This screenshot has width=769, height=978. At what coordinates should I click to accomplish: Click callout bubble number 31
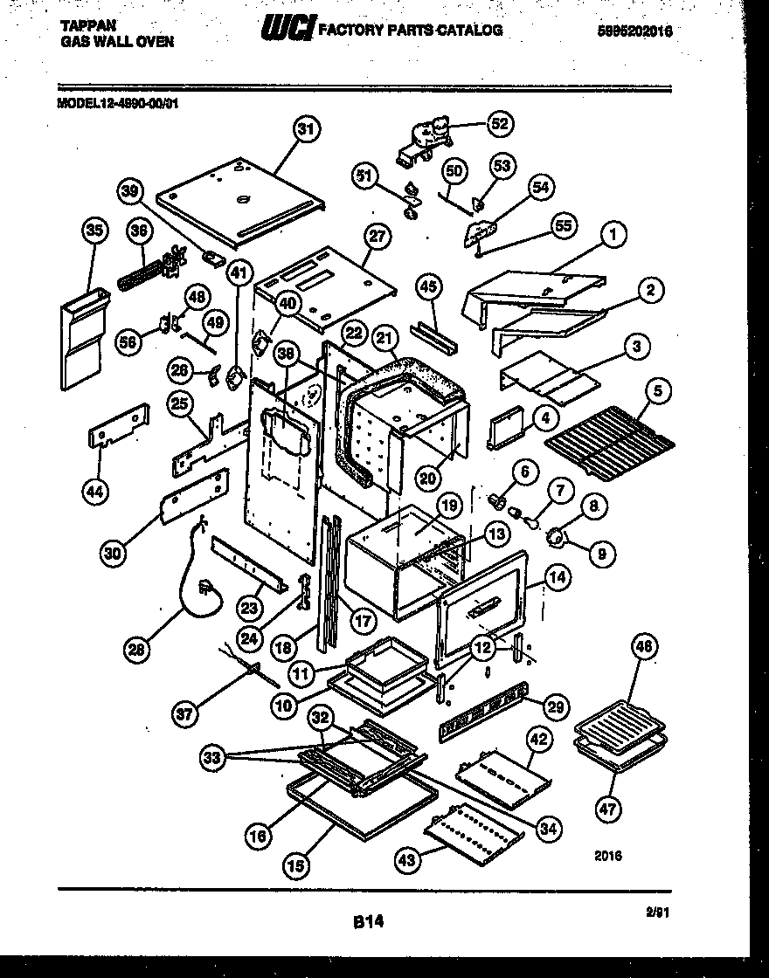pos(303,132)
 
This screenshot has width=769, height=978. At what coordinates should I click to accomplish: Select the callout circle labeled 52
pos(499,124)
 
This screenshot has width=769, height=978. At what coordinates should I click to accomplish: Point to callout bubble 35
pos(94,231)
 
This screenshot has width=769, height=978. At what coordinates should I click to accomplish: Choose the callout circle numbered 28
pos(136,648)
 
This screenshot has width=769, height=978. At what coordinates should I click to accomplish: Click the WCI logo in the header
pos(288,30)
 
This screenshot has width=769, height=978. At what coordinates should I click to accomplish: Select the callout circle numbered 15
pos(297,865)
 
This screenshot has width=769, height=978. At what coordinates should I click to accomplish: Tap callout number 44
pos(95,492)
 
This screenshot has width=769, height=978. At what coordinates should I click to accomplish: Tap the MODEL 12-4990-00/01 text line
pos(118,101)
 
